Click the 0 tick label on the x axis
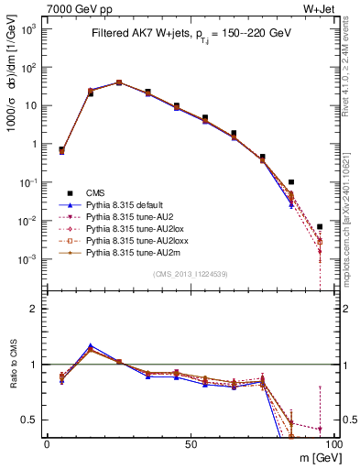pyautogui.click(x=47, y=443)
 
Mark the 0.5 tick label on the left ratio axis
pyautogui.click(x=32, y=420)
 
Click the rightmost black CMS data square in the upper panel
pyautogui.click(x=320, y=226)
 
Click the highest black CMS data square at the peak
pyautogui.click(x=119, y=82)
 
